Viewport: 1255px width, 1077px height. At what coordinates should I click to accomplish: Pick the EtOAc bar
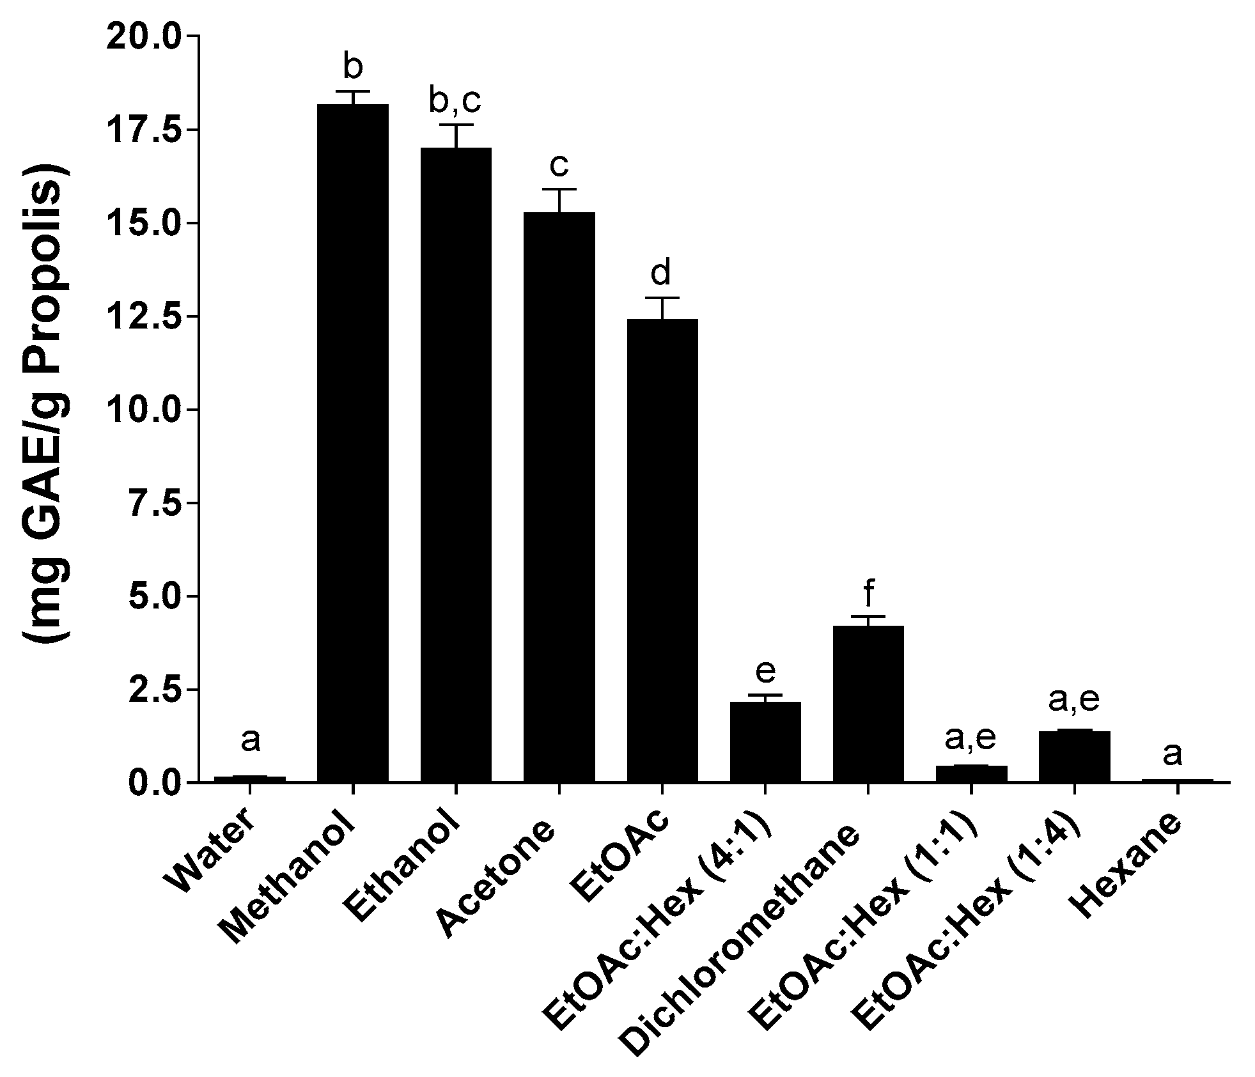pos(662,550)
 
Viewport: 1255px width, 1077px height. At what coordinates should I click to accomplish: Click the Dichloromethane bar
pos(868,703)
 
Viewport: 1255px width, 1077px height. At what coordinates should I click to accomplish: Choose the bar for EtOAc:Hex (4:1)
pos(765,741)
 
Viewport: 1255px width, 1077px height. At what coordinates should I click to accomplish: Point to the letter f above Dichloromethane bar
pos(868,594)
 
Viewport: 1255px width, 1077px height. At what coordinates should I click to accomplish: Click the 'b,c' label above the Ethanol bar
pos(455,100)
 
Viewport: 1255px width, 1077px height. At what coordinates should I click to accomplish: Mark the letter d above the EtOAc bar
pos(661,273)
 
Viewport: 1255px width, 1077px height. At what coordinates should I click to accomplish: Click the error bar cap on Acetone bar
pos(559,189)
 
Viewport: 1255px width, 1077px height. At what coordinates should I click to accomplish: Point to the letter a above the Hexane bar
pos(1173,754)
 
